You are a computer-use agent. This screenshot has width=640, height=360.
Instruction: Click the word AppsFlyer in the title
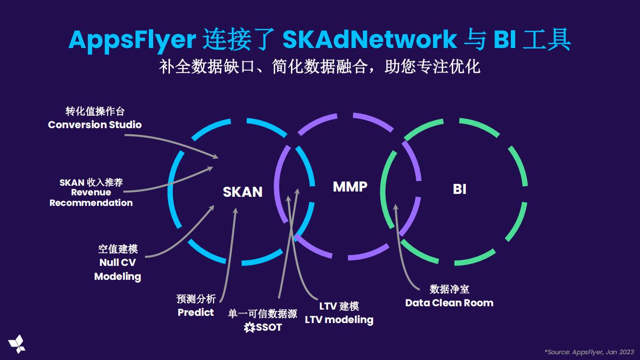tap(132, 39)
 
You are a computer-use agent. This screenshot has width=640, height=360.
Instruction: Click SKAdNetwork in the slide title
tap(369, 39)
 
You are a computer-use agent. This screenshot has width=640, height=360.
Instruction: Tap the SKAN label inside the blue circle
tap(242, 192)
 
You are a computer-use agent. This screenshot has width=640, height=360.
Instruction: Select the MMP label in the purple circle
tap(350, 186)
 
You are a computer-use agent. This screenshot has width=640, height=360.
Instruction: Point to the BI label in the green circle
tap(459, 189)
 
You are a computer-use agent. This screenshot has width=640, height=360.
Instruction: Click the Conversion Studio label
tap(95, 125)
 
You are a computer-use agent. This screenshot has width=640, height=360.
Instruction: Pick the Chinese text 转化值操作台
tap(95, 111)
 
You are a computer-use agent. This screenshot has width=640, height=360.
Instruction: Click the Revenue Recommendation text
tap(91, 198)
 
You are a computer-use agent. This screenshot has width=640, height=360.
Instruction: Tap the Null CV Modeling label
tap(118, 269)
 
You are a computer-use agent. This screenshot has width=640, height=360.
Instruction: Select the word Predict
tap(195, 312)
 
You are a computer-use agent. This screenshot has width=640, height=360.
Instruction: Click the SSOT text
tap(269, 328)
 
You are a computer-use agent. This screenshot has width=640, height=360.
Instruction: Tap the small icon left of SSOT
tap(250, 328)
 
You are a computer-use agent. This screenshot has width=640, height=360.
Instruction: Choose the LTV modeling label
tap(339, 320)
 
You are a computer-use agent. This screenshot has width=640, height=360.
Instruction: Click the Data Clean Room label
tap(449, 303)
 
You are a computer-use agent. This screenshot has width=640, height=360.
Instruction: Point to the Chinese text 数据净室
tap(449, 289)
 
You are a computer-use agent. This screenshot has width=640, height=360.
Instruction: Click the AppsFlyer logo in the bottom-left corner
tap(17, 343)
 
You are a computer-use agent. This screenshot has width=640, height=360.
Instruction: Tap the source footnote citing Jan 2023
tap(589, 352)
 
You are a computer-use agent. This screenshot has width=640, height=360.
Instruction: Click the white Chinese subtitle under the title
tap(320, 66)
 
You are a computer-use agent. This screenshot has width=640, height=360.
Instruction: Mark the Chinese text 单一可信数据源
tap(262, 314)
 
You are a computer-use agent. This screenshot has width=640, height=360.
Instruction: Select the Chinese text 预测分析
tap(196, 299)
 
